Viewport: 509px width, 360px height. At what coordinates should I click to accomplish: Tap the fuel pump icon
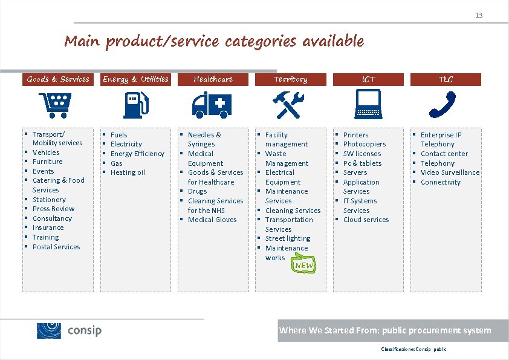pyautogui.click(x=135, y=105)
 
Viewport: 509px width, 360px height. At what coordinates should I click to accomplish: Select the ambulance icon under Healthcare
pyautogui.click(x=213, y=105)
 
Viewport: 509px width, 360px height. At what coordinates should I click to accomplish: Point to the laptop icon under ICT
pyautogui.click(x=368, y=104)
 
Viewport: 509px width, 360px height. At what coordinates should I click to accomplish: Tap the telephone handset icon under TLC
pyautogui.click(x=445, y=105)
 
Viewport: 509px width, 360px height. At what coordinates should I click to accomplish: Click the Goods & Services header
pyautogui.click(x=57, y=79)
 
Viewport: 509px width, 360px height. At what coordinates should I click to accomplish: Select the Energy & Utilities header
pyautogui.click(x=135, y=79)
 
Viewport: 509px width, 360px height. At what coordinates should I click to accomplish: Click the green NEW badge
pyautogui.click(x=303, y=265)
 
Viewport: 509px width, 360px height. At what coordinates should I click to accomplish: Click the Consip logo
pyautogui.click(x=70, y=330)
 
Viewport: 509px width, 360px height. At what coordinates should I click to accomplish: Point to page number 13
pyautogui.click(x=479, y=15)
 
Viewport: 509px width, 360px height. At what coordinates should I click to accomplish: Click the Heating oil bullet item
pyautogui.click(x=128, y=172)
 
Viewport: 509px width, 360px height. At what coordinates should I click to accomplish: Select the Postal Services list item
pyautogui.click(x=56, y=247)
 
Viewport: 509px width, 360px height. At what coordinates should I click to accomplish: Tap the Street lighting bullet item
pyautogui.click(x=288, y=238)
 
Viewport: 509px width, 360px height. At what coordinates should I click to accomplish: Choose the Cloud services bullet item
pyautogui.click(x=366, y=220)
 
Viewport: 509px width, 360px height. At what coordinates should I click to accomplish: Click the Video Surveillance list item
pyautogui.click(x=450, y=172)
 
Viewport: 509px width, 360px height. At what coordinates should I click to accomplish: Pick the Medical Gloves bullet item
pyautogui.click(x=212, y=220)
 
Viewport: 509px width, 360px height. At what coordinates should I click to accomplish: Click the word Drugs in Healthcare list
pyautogui.click(x=197, y=191)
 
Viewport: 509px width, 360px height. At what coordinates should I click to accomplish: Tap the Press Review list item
pyautogui.click(x=53, y=209)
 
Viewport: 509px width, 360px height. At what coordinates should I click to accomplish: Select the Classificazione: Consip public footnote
pyautogui.click(x=413, y=350)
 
